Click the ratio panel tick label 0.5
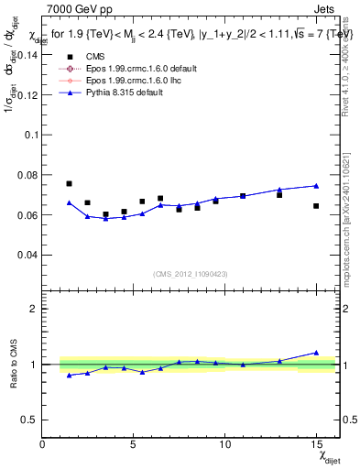tap(27, 420)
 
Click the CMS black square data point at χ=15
tap(316, 206)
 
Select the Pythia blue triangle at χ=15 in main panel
tap(316, 186)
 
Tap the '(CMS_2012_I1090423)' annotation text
tap(191, 274)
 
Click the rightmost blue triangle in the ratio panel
tap(316, 353)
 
